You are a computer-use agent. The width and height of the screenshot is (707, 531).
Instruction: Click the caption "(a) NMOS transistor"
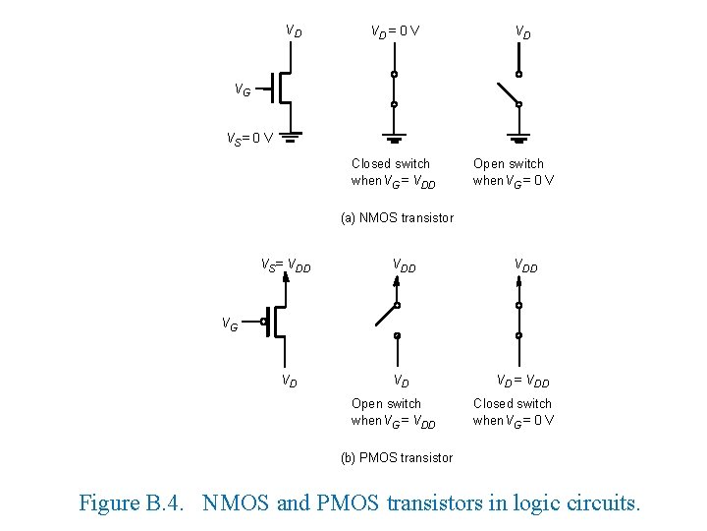point(397,218)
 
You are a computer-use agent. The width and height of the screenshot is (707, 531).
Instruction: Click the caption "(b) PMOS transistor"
point(397,458)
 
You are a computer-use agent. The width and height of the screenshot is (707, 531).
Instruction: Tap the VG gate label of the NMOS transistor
point(242,90)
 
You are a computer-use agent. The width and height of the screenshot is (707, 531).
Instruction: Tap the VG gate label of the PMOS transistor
point(228,324)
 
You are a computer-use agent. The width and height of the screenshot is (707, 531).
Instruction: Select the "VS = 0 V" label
point(249,139)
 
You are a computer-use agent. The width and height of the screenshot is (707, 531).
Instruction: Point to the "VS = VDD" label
point(286,265)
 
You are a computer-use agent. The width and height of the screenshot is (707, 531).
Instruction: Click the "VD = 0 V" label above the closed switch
point(395,31)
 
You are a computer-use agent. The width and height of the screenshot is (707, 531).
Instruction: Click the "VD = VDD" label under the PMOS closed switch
point(522,382)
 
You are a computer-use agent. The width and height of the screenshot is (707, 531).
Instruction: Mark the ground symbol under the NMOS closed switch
point(395,139)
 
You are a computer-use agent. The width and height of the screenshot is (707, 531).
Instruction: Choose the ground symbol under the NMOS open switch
point(518,139)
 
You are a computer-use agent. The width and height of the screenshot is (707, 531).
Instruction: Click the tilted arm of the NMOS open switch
point(506,91)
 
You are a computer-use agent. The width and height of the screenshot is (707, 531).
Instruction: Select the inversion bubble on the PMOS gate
point(264,322)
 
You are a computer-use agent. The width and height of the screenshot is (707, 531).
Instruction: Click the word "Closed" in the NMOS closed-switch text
point(370,164)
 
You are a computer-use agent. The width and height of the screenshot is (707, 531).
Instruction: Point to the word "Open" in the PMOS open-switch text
point(366,404)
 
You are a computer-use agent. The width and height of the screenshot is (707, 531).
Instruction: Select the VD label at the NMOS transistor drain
point(294,30)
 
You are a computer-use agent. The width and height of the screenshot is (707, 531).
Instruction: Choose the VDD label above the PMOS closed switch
point(525,265)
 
